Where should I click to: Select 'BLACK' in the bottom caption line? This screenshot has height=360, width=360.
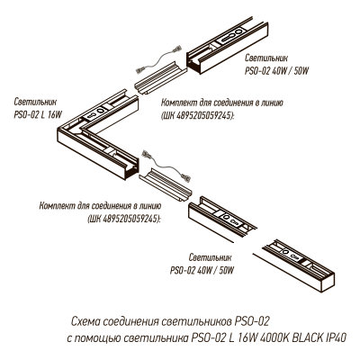coord(302,337)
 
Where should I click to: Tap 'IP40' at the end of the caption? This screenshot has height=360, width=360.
coord(335,337)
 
